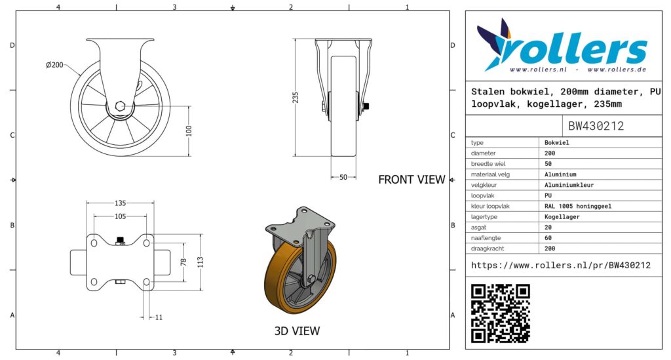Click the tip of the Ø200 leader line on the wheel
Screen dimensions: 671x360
pos(81,76)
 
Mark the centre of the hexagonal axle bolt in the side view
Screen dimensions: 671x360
pos(121,106)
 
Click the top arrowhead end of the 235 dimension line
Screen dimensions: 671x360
pos(296,39)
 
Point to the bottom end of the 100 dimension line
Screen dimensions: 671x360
pos(189,156)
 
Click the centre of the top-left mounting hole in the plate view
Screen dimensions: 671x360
pos(94,243)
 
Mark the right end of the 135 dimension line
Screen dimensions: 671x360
pos(153,203)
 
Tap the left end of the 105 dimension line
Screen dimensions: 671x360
pos(94,216)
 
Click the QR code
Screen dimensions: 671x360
pos(500,313)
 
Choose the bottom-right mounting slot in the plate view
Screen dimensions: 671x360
pos(146,282)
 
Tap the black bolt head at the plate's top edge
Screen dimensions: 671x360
pos(121,240)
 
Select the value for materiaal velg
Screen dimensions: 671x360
pos(560,174)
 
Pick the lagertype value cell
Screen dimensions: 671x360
pos(562,216)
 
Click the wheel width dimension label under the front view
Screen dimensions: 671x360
pos(343,177)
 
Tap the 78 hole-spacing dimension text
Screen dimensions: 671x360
pos(183,262)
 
